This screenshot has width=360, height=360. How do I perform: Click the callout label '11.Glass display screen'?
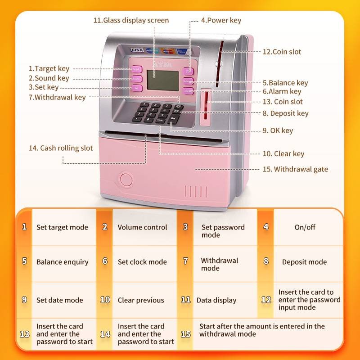(131, 20)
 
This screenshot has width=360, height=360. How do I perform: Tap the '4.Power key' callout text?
(221, 20)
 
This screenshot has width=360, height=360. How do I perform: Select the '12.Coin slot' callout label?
(282, 52)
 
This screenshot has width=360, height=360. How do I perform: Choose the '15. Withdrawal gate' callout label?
(295, 170)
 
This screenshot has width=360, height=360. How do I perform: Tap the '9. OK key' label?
(278, 130)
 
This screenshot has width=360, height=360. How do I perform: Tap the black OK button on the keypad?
(173, 118)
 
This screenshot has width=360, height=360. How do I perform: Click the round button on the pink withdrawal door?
(126, 180)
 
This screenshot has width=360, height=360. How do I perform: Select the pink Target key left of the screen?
(136, 69)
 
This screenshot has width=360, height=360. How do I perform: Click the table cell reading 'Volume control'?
(142, 227)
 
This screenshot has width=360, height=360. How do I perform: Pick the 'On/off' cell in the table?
(305, 227)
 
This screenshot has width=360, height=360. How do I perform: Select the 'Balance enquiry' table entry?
(62, 262)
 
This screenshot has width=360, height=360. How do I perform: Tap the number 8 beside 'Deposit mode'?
(266, 261)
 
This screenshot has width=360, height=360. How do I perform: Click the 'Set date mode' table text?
(60, 300)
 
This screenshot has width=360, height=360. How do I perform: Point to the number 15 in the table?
(186, 334)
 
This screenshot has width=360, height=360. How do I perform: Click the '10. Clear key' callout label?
(283, 154)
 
